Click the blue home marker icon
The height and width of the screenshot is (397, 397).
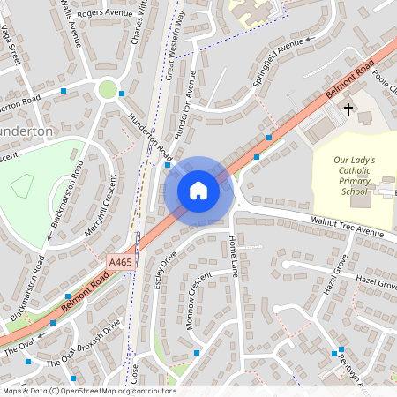[x=198, y=191]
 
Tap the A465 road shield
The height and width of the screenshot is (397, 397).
[x=120, y=262]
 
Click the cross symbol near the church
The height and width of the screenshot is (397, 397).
[x=348, y=109]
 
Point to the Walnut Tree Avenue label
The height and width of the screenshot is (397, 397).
[x=347, y=226]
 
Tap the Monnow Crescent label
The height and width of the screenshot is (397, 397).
[x=199, y=300]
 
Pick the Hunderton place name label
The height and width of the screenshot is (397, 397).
[x=26, y=130]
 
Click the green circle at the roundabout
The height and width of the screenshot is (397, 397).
[x=108, y=89]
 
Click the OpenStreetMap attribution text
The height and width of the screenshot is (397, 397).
[x=88, y=391]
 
